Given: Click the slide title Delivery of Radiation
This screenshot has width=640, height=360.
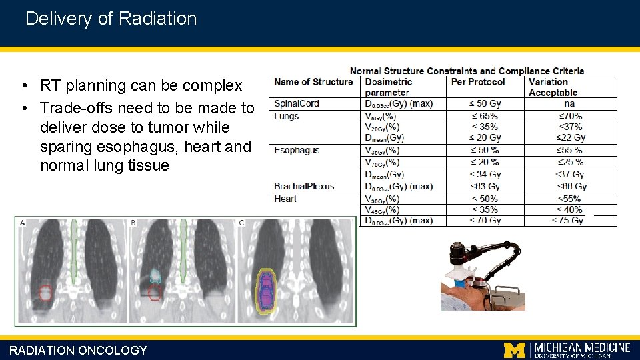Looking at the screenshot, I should click(x=111, y=19).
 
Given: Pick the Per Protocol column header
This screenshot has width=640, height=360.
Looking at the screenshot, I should click(x=478, y=82).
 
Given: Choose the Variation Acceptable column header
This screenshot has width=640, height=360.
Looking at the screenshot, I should click(x=553, y=87).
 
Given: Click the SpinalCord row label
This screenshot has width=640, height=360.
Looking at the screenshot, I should click(x=297, y=103).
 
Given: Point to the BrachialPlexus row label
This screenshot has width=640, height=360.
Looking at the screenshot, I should click(x=304, y=186).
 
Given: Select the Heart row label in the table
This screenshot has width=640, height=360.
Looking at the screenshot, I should click(x=285, y=199).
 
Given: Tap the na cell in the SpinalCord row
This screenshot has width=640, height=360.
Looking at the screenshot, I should click(x=569, y=103).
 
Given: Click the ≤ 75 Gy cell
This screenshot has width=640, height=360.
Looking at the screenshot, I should click(x=567, y=221).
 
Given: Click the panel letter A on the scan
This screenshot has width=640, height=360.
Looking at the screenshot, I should click(x=23, y=223).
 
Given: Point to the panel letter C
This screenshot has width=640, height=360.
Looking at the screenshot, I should click(x=241, y=223).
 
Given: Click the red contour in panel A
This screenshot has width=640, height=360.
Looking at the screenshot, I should click(x=45, y=292).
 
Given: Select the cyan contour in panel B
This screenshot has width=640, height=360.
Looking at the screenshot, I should click(x=155, y=275).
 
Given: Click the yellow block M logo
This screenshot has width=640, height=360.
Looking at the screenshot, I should click(x=514, y=349).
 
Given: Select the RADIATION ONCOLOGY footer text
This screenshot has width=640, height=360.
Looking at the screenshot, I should click(x=78, y=350).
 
